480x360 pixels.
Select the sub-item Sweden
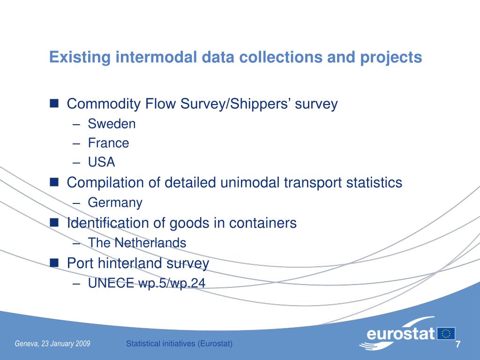(112, 124)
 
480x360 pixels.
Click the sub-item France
(108, 143)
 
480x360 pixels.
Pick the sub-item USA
(101, 162)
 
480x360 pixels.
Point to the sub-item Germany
(115, 203)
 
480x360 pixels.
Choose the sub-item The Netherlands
(137, 243)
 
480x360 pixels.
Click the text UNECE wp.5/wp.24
(147, 283)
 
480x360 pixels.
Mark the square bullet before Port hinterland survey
(54, 263)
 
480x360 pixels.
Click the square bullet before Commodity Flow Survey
(54, 103)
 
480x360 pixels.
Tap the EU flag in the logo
(446, 333)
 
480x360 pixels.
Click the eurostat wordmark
(401, 334)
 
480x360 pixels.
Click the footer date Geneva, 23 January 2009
(52, 344)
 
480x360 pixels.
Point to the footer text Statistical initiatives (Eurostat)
(180, 344)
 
